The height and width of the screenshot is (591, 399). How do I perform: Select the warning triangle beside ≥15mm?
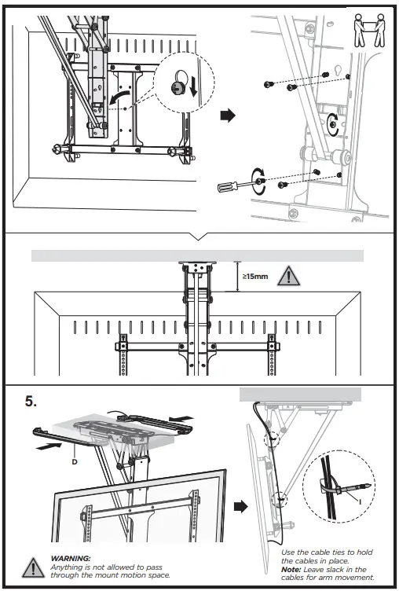click(x=289, y=277)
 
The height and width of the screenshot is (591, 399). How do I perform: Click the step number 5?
click(x=31, y=401)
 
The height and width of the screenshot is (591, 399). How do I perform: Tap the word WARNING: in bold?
click(x=70, y=557)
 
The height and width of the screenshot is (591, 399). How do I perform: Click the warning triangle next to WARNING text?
click(x=33, y=567)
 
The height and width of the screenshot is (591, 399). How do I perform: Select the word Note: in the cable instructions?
click(x=293, y=568)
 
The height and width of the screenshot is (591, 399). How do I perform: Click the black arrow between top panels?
click(x=227, y=116)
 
